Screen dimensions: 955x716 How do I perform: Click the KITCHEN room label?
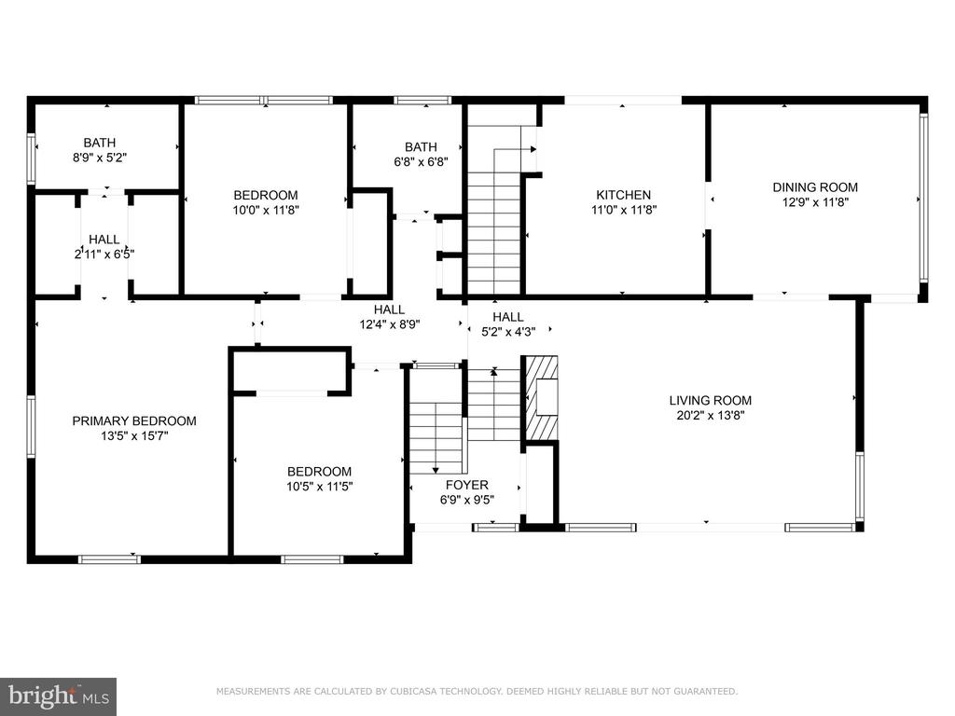click(x=623, y=195)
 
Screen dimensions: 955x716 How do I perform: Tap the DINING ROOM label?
click(x=815, y=187)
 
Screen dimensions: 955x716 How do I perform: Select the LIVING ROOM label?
click(x=710, y=401)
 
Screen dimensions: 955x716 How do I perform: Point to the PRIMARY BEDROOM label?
click(x=134, y=420)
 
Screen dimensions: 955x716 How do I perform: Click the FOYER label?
click(x=466, y=485)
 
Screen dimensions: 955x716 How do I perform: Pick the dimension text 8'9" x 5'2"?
click(x=99, y=158)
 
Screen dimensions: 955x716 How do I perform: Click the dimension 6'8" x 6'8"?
click(x=421, y=162)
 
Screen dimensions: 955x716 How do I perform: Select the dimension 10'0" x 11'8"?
click(x=266, y=210)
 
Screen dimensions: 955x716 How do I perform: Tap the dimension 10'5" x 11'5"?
click(x=319, y=487)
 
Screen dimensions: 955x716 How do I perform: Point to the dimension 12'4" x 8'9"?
click(x=389, y=324)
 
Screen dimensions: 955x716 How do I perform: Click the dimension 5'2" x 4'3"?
click(x=508, y=332)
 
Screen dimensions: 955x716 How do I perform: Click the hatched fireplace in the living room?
click(x=541, y=397)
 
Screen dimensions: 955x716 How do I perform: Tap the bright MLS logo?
click(x=59, y=695)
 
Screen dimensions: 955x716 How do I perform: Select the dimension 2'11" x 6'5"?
click(x=104, y=255)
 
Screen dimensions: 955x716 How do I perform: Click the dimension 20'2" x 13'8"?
click(x=710, y=416)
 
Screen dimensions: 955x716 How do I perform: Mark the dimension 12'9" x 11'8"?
click(x=815, y=202)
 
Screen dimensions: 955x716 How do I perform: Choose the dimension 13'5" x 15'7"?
click(x=134, y=436)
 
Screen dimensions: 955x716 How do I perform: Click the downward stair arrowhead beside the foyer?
click(x=436, y=470)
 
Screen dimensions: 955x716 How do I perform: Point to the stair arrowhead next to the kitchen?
click(x=533, y=148)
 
